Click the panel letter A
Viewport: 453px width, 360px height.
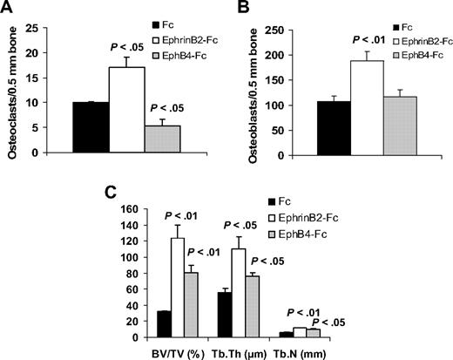point(8,8)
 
